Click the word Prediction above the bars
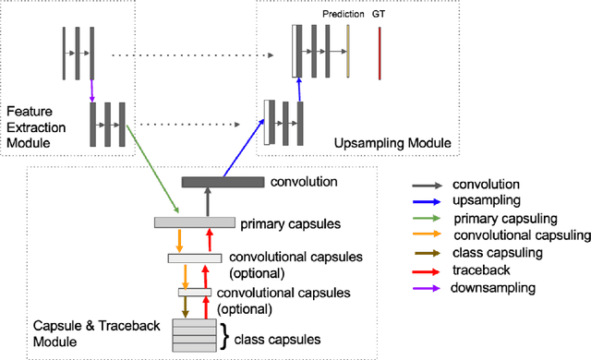(x=342, y=14)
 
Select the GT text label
(x=380, y=14)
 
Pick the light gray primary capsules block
(x=195, y=222)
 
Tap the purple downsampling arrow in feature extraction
(x=91, y=90)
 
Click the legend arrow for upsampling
(x=429, y=198)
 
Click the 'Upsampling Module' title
(x=392, y=143)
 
